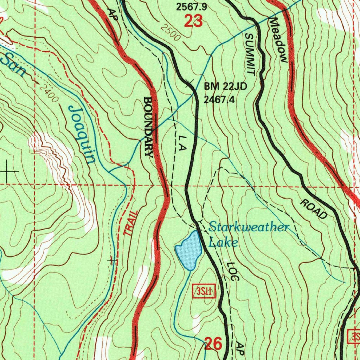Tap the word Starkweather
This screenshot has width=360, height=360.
249,227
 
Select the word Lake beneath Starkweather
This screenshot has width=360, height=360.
223,243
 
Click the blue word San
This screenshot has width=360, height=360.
13,65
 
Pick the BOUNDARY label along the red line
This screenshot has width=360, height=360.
149,127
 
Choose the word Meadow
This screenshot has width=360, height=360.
279,40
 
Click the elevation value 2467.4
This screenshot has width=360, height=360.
219,99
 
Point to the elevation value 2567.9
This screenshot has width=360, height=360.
192,7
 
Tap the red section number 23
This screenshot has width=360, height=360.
193,22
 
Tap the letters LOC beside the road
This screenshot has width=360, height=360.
232,271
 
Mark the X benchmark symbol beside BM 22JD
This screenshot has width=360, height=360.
189,84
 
